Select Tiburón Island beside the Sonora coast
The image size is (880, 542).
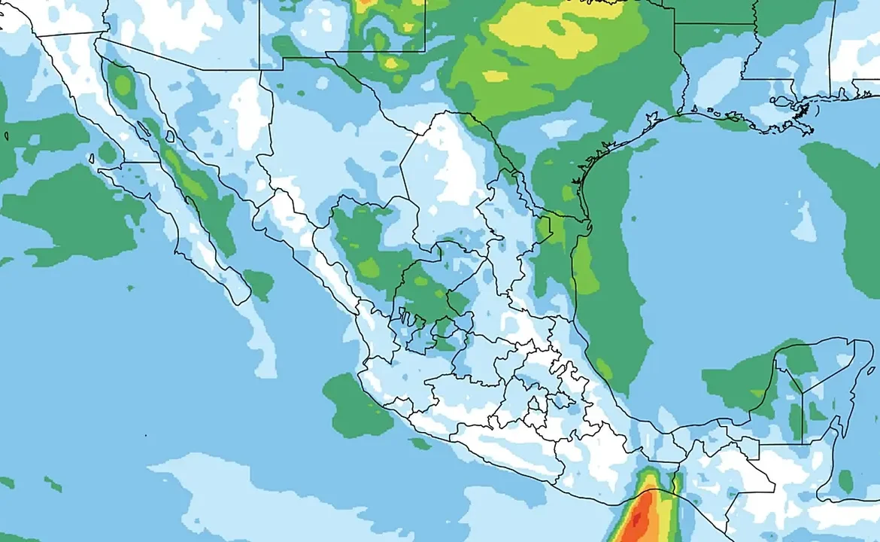click(x=169, y=136)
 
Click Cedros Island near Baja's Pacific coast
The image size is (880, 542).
click(x=91, y=159)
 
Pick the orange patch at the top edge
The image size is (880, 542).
click(x=365, y=2)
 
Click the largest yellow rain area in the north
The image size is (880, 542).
click(x=557, y=30)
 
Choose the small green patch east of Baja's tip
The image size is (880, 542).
click(x=259, y=284)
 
